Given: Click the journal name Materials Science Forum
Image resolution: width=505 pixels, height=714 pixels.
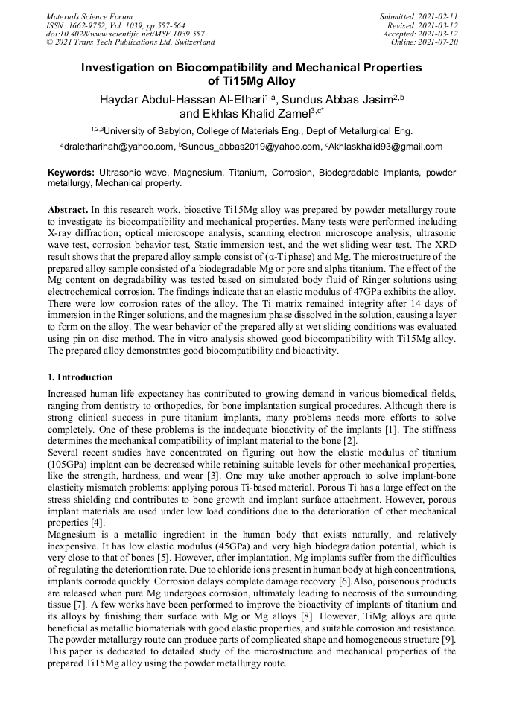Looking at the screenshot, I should pyautogui.click(x=89, y=16).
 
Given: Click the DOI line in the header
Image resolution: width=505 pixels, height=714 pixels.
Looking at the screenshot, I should pyautogui.click(x=115, y=34).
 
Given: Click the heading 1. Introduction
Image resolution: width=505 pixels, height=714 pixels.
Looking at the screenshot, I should pyautogui.click(x=80, y=377).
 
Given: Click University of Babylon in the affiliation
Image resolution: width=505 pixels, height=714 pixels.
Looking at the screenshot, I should pyautogui.click(x=150, y=130).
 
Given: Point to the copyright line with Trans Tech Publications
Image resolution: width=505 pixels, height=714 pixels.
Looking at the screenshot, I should pyautogui.click(x=130, y=42).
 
